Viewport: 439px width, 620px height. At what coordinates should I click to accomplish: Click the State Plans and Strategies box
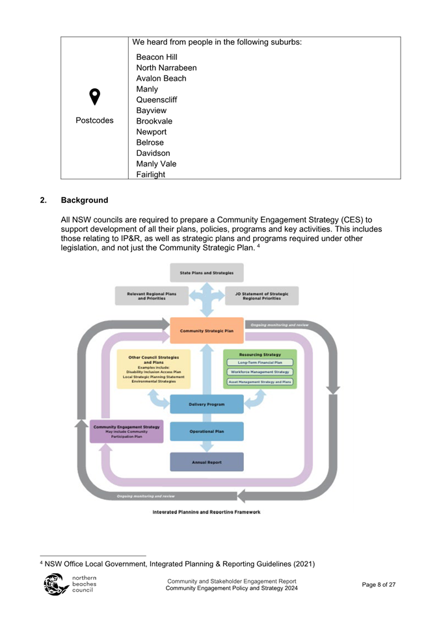point(206,272)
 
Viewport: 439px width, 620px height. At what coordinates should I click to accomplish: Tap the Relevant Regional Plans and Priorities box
point(152,296)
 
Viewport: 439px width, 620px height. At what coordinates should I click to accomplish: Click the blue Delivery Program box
point(206,404)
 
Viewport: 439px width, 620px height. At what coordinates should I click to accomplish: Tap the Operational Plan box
point(206,431)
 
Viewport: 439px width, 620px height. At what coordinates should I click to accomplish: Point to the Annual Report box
point(206,462)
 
